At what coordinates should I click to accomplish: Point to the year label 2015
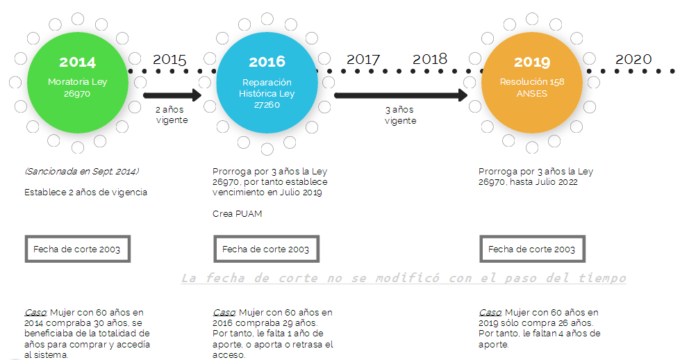click(x=169, y=60)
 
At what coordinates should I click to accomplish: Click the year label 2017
click(x=363, y=60)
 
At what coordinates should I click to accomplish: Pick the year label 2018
click(x=430, y=59)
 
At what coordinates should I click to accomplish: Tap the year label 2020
click(x=633, y=59)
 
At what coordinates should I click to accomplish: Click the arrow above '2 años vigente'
click(x=172, y=95)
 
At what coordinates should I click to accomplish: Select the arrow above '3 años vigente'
click(x=401, y=95)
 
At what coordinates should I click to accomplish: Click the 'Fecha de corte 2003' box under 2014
click(x=77, y=249)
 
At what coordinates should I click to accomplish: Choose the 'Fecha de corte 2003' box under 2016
click(x=266, y=249)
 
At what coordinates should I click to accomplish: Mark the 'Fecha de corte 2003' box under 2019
click(x=532, y=249)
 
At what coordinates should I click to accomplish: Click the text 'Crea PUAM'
click(x=238, y=213)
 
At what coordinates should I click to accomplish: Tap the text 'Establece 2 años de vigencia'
click(x=85, y=192)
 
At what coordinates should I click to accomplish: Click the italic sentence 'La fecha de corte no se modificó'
click(x=403, y=278)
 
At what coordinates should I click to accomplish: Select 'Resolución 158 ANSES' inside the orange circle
click(x=532, y=88)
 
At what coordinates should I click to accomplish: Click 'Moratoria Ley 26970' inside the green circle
click(x=77, y=88)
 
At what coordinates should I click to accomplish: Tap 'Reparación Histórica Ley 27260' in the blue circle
click(x=267, y=92)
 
